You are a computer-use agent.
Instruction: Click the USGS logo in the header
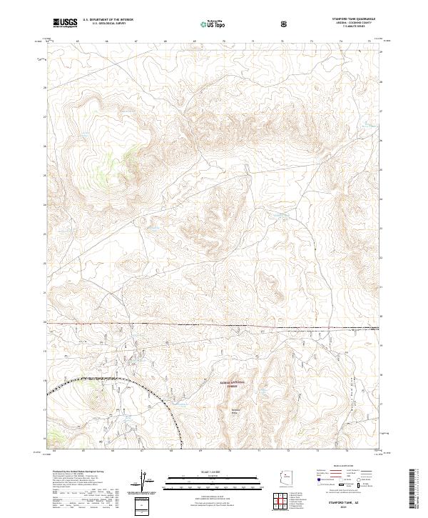pyautogui.click(x=65, y=23)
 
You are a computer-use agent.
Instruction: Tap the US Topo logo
pyautogui.click(x=208, y=23)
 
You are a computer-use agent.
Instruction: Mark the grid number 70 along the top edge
pyautogui.click(x=224, y=41)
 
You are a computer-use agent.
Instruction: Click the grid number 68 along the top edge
pyautogui.click(x=165, y=41)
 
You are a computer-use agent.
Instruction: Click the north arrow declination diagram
pyautogui.click(x=145, y=483)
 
